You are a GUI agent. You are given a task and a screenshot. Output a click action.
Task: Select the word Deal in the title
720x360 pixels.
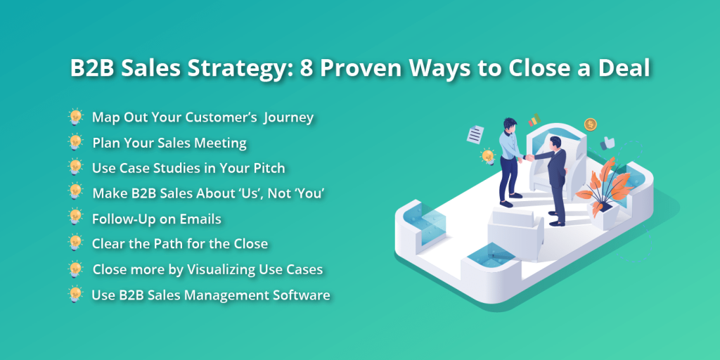click(622, 70)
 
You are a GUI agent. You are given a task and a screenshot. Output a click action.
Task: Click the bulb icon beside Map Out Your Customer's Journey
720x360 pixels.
click(75, 117)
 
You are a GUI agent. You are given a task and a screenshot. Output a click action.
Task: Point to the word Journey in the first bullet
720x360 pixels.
click(288, 117)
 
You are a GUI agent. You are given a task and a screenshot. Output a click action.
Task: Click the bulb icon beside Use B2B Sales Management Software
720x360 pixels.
click(75, 294)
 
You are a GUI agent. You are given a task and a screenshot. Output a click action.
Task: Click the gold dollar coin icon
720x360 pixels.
click(591, 124)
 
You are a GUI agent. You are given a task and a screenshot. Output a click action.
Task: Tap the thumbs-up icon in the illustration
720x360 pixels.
click(607, 143)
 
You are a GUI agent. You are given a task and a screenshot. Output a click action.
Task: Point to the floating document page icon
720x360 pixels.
click(476, 133)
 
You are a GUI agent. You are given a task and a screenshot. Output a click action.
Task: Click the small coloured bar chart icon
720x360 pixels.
click(534, 120)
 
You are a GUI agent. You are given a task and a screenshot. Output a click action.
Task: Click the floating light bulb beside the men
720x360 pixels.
click(487, 157)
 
